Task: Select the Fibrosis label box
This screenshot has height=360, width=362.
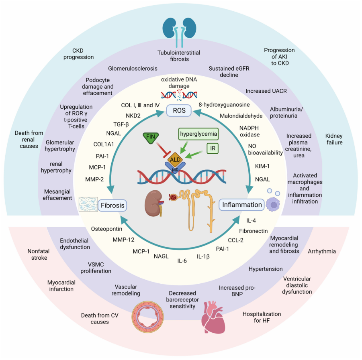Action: coord(112,205)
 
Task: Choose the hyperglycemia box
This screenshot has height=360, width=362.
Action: coord(198,134)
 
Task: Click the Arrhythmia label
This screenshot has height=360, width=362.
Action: coord(322,252)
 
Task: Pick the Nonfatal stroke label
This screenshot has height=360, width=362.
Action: coord(37,254)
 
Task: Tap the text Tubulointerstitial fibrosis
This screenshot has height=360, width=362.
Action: coord(179,56)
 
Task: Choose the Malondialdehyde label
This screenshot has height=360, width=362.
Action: coord(241,116)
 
